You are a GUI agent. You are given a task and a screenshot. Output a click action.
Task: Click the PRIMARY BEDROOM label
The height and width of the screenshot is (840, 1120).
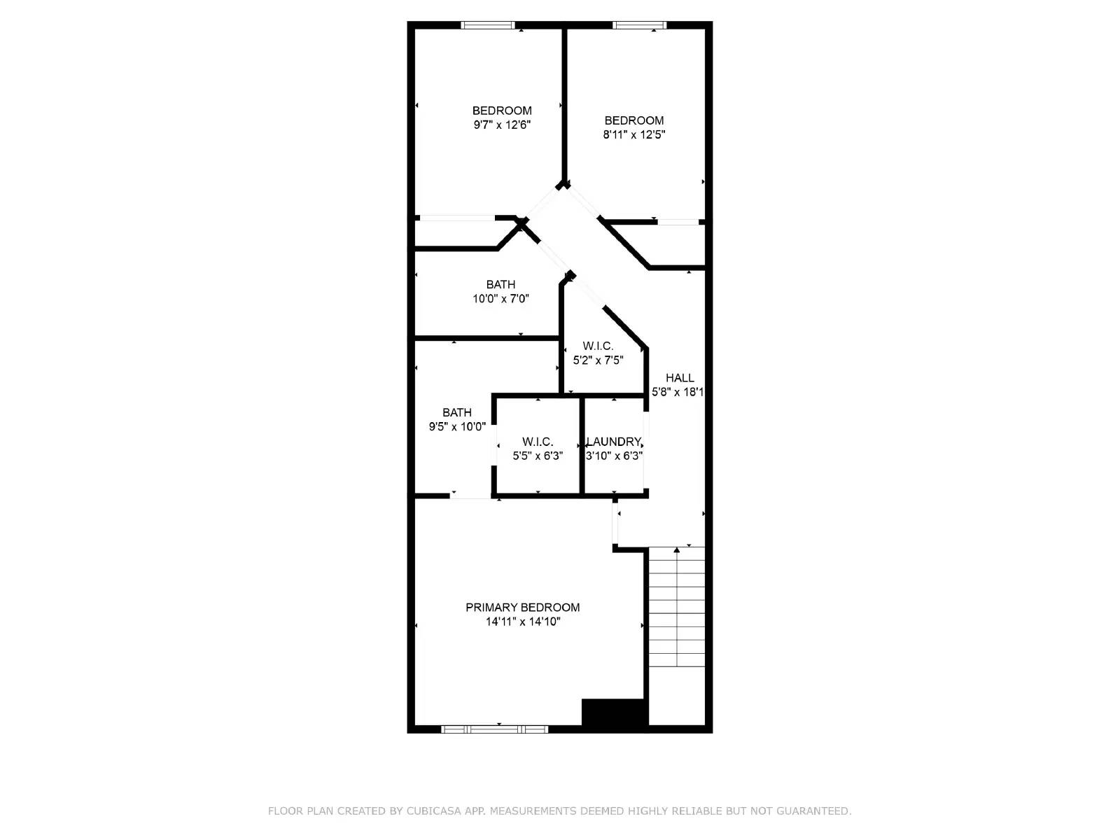pos(522,607)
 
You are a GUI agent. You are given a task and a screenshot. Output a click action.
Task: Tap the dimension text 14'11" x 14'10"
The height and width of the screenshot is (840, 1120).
pos(523,622)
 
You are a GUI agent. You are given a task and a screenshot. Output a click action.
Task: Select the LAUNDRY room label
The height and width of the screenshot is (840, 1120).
pos(614,442)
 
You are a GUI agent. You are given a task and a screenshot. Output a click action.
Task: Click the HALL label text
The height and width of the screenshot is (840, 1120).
pos(680,378)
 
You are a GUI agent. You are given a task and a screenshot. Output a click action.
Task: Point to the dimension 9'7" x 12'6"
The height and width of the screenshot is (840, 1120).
pos(502,125)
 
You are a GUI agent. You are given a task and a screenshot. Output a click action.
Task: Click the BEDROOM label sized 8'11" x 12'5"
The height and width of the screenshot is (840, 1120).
pos(633,120)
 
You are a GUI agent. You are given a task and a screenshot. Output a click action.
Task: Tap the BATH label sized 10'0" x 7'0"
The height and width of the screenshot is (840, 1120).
pos(500,284)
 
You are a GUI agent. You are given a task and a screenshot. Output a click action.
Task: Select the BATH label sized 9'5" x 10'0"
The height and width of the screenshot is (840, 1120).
pos(456,412)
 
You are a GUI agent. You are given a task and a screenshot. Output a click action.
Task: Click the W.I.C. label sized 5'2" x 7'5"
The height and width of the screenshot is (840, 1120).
pos(598,346)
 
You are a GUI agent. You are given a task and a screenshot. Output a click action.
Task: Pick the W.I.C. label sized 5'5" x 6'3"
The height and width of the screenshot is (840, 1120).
pos(538,442)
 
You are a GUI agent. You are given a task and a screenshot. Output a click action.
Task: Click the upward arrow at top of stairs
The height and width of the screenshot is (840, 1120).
pos(676,551)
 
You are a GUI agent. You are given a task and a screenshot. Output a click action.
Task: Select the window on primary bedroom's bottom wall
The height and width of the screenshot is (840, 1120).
pos(494,729)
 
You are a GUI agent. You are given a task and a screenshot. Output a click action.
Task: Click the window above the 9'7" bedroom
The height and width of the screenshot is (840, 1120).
pos(488,25)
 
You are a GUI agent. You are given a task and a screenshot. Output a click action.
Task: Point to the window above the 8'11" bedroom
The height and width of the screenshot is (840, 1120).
pos(639,25)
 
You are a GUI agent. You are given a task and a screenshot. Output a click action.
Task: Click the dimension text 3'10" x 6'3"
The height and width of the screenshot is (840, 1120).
pos(614,456)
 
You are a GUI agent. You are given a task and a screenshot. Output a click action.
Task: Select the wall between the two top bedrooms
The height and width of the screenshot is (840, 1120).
pos(563,105)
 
